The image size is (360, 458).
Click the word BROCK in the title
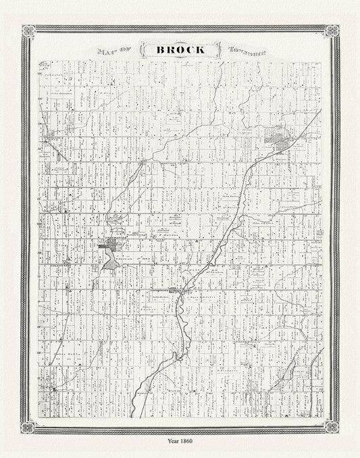(x=180, y=49)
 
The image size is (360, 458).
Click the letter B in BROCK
(x=159, y=49)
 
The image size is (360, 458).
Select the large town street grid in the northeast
(x=279, y=140)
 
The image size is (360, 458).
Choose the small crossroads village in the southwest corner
(x=53, y=390)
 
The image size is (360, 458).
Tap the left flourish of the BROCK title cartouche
(x=142, y=50)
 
